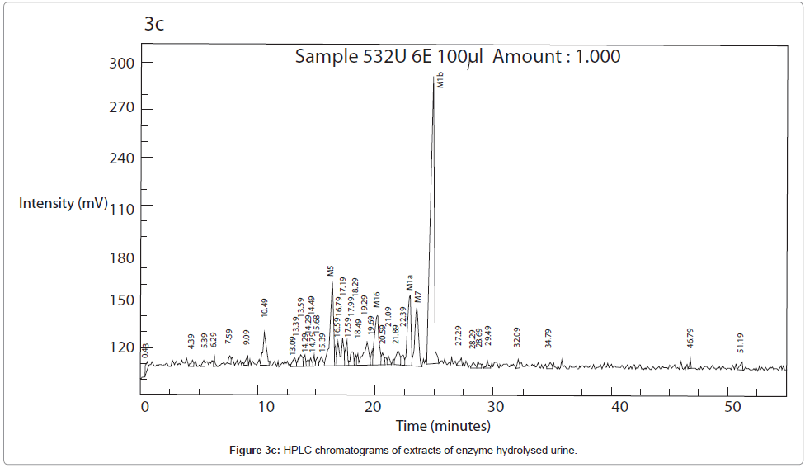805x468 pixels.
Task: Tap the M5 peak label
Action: pyautogui.click(x=330, y=271)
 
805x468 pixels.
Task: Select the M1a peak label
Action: pyautogui.click(x=409, y=283)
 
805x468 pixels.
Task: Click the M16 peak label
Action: pyautogui.click(x=377, y=300)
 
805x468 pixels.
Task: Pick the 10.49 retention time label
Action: pyautogui.click(x=265, y=308)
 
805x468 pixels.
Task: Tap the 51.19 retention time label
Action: pyautogui.click(x=741, y=343)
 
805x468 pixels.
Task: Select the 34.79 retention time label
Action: pyautogui.click(x=548, y=338)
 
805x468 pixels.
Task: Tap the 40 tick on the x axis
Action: pyautogui.click(x=619, y=406)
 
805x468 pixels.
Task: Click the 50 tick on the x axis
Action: pyautogui.click(x=732, y=406)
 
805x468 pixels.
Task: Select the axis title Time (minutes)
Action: pyautogui.click(x=443, y=426)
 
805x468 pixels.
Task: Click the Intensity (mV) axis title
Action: pyautogui.click(x=64, y=203)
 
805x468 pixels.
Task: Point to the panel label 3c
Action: pyautogui.click(x=154, y=24)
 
